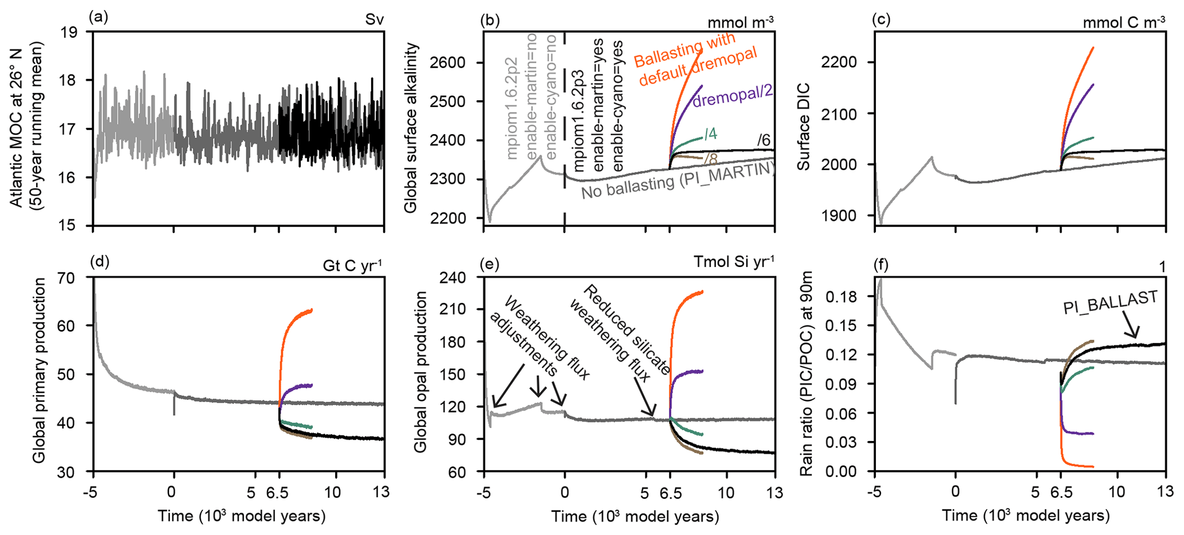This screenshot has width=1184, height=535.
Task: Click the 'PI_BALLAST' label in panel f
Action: (x=1111, y=302)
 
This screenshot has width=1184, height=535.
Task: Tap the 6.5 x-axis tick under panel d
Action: (x=279, y=492)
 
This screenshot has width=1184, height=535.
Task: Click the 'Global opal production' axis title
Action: (x=420, y=372)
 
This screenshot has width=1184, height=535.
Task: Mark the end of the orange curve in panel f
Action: (x=1093, y=466)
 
